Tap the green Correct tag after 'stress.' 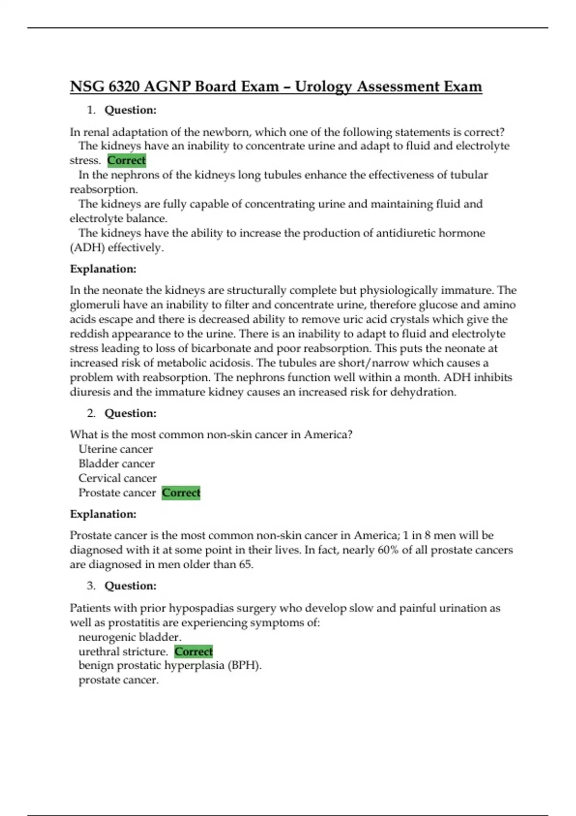coord(126,160)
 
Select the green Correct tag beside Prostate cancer coord(181,493)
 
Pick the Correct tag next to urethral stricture coord(193,651)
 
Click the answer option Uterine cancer coord(116,449)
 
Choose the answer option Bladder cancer coord(117,464)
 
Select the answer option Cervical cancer coord(118,478)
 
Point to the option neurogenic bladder coord(130,637)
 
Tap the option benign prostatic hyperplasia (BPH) coord(170,666)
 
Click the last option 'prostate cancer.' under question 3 coord(119,680)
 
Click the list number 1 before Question coord(91,110)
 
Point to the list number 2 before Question coord(91,413)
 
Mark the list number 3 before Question coord(91,586)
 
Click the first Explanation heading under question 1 coord(103,269)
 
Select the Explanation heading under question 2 coord(103,514)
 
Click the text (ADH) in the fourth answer coord(87,248)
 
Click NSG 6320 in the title coord(105,87)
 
